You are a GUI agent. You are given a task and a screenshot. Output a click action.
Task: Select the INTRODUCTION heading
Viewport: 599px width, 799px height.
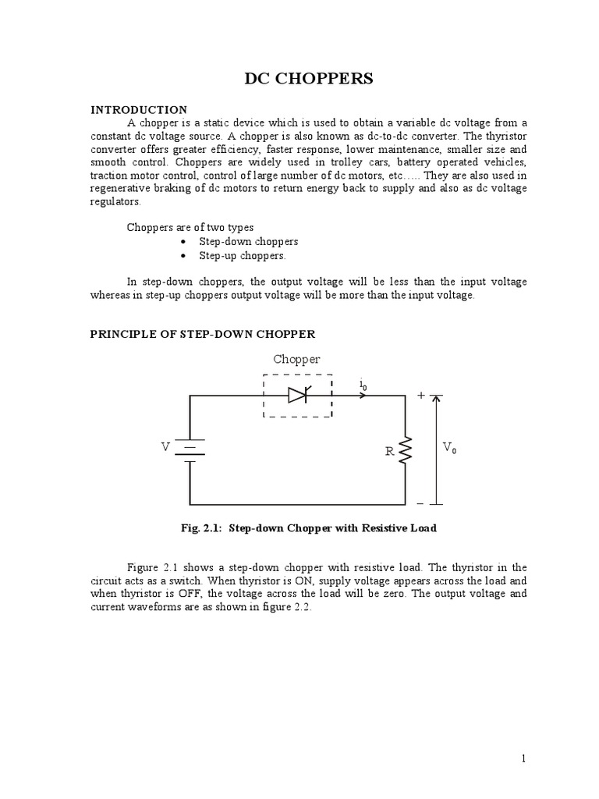coord(139,109)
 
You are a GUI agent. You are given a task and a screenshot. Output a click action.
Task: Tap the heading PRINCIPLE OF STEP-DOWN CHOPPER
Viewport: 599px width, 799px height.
coord(203,334)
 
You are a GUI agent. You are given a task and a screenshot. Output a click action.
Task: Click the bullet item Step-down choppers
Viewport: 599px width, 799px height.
coord(249,242)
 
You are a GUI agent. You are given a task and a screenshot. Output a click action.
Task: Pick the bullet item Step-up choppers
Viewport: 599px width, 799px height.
coord(243,256)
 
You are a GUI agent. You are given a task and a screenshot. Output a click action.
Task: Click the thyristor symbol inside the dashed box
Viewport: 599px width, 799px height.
coord(299,396)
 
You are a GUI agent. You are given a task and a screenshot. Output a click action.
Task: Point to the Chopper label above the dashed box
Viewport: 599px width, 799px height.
coord(296,360)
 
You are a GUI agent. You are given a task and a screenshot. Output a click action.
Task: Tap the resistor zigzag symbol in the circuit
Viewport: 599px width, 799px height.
coord(405,450)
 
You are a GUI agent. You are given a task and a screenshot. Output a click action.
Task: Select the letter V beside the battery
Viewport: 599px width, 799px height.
coord(165,447)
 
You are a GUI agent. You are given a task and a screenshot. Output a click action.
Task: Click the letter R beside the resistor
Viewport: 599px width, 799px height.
coord(388,452)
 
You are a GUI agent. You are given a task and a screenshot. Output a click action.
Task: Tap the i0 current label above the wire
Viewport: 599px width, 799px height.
coord(363,384)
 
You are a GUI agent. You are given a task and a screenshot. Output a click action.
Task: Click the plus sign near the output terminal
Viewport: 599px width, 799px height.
coord(421,396)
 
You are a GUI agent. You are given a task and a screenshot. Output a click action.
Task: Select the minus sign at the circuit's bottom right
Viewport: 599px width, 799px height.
coord(420,503)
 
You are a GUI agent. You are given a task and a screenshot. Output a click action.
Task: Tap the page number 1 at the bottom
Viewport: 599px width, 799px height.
coord(525,759)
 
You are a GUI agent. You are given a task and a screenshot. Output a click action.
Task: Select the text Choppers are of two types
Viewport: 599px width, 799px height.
coord(190,228)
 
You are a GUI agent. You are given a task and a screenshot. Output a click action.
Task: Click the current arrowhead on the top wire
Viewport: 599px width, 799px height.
coord(363,396)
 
